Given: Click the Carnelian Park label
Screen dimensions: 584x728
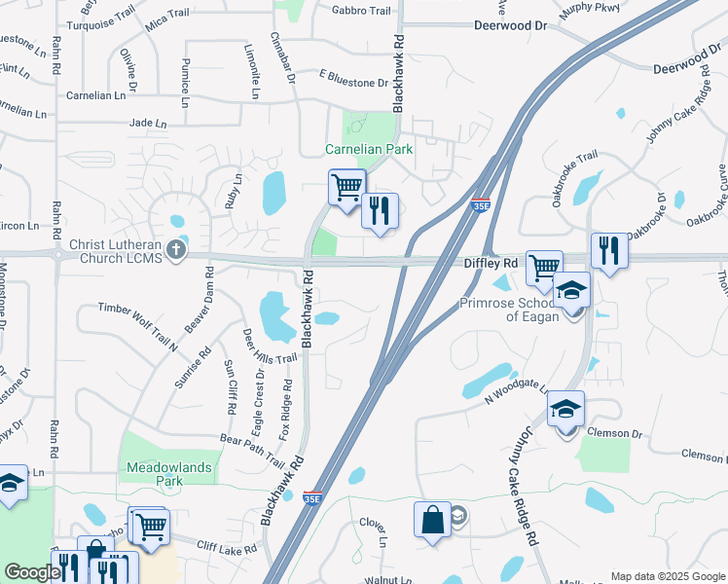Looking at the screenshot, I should click(x=369, y=149).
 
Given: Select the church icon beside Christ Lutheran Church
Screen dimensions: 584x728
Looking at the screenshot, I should click(x=176, y=248).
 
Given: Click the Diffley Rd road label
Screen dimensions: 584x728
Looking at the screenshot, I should click(x=490, y=264).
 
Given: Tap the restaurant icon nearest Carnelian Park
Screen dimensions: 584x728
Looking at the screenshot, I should click(x=380, y=210).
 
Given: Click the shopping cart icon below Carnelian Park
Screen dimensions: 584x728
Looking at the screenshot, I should click(x=347, y=185).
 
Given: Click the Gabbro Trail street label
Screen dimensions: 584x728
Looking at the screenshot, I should click(x=361, y=11).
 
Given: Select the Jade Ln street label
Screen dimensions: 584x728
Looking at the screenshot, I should click(x=148, y=124).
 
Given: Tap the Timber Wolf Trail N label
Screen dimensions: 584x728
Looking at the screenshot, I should click(x=137, y=326).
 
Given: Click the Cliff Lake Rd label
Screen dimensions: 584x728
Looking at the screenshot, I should click(x=227, y=549).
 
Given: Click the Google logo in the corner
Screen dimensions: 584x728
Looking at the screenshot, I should click(x=32, y=572).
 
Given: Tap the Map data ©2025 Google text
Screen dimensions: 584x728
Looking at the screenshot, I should click(x=667, y=576).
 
